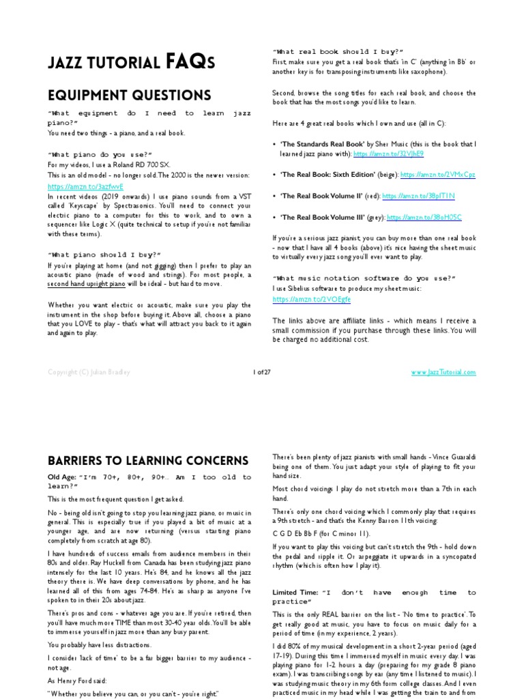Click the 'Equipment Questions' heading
129,95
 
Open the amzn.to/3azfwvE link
76,186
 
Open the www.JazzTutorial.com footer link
443,372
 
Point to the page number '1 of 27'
261,372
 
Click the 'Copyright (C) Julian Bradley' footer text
88,372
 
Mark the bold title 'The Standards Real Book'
322,144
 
